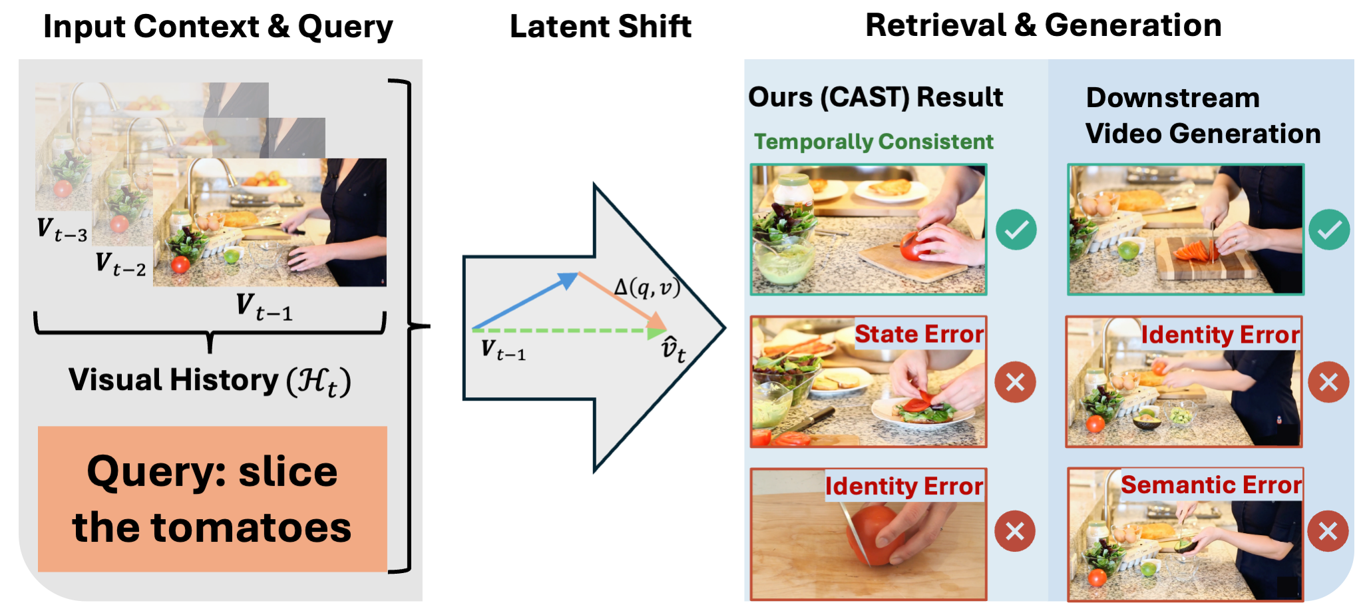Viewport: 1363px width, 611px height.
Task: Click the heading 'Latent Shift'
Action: point(600,27)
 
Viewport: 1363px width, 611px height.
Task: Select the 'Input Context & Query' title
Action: point(218,27)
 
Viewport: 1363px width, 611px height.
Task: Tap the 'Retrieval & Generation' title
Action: point(1043,26)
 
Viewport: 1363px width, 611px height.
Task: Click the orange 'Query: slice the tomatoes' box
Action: point(212,499)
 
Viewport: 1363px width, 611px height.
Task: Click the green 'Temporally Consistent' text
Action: point(873,142)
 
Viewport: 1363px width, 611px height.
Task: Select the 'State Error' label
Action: point(919,334)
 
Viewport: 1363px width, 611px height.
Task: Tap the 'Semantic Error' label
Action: point(1211,485)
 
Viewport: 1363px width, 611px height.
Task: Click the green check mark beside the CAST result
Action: point(1016,230)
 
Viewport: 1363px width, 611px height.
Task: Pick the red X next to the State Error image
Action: point(1015,382)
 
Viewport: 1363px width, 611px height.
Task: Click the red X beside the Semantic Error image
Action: point(1328,531)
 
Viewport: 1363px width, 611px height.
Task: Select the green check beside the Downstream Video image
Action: point(1329,230)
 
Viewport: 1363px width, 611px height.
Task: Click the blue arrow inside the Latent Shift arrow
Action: point(526,301)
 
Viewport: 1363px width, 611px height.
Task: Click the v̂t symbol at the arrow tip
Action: point(673,349)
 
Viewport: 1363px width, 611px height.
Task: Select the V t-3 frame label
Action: point(62,230)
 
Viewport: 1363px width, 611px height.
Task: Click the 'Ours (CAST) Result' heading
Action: point(875,98)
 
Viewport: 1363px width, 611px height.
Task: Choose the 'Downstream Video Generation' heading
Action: point(1203,116)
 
